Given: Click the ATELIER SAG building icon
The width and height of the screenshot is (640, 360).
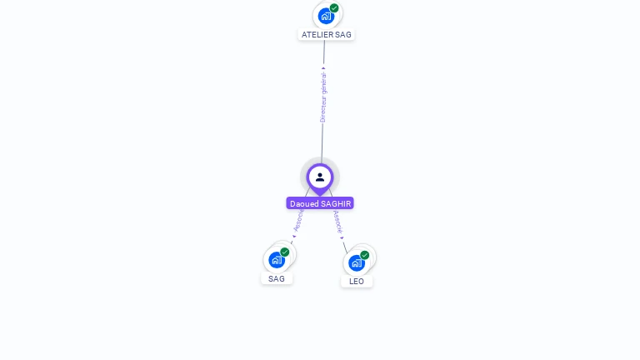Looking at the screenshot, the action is point(326,16).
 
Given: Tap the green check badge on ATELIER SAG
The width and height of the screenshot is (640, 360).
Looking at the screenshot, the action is point(334,8).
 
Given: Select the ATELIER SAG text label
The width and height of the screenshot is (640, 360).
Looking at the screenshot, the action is point(327,35).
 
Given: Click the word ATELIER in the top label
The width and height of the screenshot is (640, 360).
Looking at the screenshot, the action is point(317,35).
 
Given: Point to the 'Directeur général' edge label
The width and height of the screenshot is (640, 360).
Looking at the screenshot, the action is point(323,97).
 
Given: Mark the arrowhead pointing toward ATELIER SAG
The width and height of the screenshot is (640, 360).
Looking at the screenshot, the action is point(323,68).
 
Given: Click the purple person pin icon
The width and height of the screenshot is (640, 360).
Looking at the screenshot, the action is point(320,177).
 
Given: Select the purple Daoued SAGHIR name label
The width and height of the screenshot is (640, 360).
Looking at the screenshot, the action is point(320,203).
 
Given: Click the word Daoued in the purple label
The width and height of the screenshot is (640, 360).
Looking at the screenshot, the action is point(304,203).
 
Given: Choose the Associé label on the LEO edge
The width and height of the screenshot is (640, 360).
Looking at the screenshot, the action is point(337,221).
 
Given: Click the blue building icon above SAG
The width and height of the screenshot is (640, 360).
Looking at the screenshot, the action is point(277,260).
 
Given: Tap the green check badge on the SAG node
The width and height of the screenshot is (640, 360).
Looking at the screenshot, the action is point(285,252).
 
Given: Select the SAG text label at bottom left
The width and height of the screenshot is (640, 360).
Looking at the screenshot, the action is point(277,279).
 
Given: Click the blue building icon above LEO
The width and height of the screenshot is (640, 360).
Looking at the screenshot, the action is point(357,263).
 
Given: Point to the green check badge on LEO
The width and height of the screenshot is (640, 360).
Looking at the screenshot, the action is point(365,255).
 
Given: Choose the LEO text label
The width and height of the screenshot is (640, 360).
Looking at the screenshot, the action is point(357,282).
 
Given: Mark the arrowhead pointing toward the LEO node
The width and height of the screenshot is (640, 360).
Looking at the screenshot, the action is point(342,237).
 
